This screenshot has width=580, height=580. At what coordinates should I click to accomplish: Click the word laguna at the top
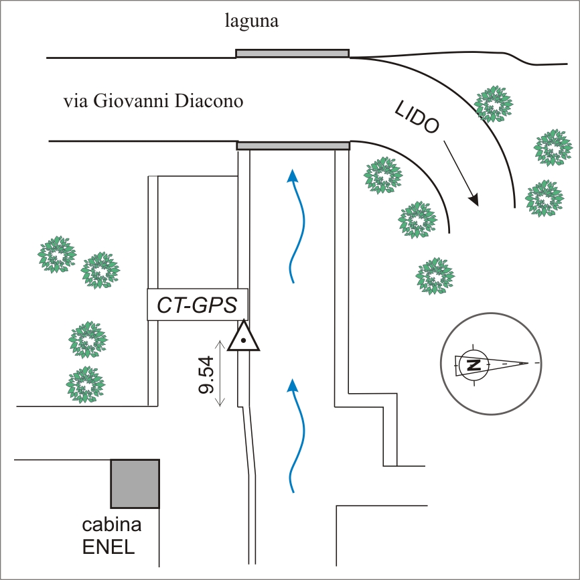252,22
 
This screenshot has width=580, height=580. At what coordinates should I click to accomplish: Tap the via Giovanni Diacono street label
153,102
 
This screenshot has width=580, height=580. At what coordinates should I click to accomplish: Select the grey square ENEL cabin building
135,483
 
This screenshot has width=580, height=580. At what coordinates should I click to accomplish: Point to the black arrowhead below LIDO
474,199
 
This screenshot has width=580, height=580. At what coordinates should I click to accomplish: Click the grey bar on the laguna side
292,53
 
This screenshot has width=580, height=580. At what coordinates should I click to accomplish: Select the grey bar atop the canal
293,145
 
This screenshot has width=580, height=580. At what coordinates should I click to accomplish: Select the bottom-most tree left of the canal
84,384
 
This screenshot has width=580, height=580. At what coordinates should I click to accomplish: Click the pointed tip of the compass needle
528,363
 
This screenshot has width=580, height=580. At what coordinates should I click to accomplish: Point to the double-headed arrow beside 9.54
220,373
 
